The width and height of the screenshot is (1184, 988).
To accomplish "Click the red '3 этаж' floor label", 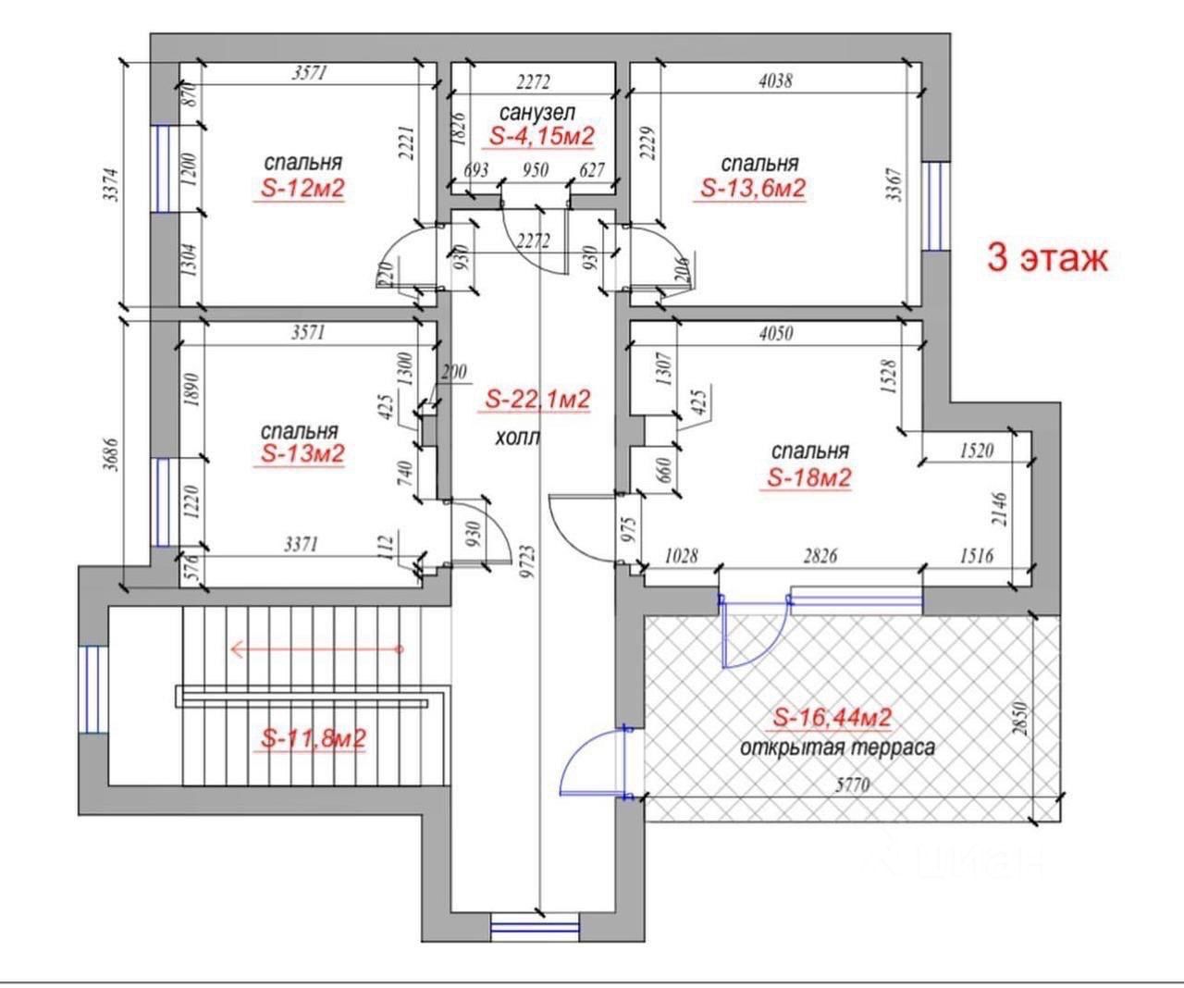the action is pos(1047,258).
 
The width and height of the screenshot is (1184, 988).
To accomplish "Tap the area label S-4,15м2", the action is pos(541,136).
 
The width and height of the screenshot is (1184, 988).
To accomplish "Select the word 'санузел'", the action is pos(537,112).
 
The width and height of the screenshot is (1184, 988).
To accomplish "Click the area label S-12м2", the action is pos(302,189).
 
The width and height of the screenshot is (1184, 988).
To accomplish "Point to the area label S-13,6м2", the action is pos(752,189).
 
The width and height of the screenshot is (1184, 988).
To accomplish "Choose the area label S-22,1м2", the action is pos(537,400).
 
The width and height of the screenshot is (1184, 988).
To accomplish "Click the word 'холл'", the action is pos(518,438).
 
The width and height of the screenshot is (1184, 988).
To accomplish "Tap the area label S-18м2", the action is pos(809,478).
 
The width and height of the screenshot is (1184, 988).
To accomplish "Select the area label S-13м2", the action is pos(302,453).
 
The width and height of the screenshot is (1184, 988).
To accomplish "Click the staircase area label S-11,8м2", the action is pos(314,738).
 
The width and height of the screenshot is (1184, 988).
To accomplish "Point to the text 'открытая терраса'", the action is pos(837,747).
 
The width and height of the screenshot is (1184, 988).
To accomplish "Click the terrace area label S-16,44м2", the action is pos(832,718).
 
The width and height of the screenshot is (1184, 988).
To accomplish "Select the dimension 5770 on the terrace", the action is pos(853,785).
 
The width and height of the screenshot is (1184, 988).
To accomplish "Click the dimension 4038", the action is pos(775,81).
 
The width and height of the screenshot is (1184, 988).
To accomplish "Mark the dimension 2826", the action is pos(820,556).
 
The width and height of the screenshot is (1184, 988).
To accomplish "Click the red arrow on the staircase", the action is pos(317,648).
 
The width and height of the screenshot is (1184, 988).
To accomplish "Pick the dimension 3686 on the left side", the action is pos(111,454).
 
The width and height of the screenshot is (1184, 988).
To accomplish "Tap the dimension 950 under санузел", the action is pos(536,170).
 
